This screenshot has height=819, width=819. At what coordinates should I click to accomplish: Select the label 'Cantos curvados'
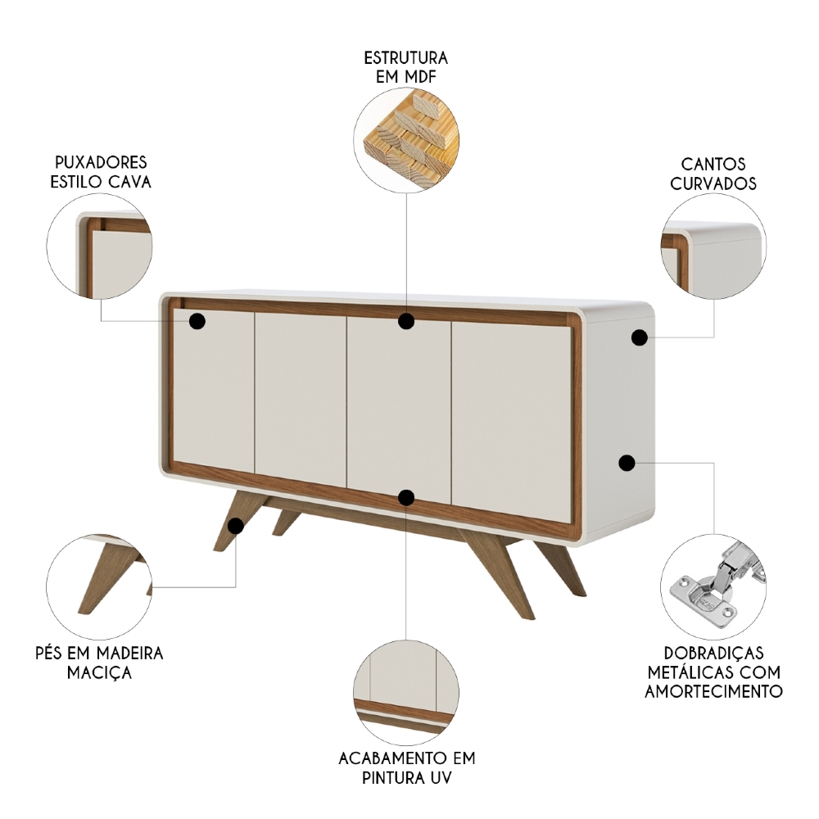point(713,174)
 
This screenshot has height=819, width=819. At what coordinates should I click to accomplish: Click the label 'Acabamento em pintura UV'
point(406,767)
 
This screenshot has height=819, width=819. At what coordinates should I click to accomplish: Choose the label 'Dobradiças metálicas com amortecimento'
point(713,672)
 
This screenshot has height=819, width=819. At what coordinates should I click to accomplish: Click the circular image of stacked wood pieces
point(407,141)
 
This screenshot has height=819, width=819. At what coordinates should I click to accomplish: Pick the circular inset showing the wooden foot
point(99,586)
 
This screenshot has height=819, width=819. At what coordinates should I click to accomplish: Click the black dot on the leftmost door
point(197,321)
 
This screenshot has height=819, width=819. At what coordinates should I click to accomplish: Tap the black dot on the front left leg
point(236,526)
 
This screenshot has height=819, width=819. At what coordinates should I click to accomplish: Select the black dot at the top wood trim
point(406,321)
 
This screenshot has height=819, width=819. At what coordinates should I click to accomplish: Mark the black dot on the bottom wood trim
point(406,497)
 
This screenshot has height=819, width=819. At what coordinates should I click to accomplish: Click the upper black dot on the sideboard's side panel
point(640,337)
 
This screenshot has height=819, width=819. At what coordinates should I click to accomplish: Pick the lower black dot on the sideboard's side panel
point(627,464)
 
